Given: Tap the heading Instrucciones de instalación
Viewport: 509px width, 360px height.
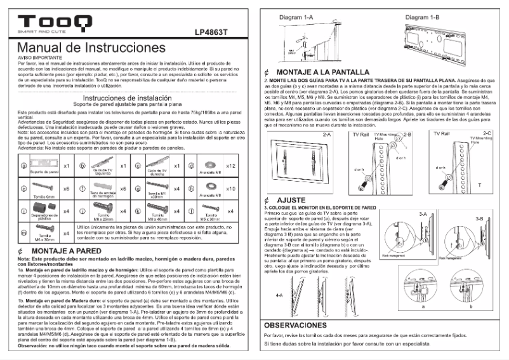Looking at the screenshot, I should pos(128,98).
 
